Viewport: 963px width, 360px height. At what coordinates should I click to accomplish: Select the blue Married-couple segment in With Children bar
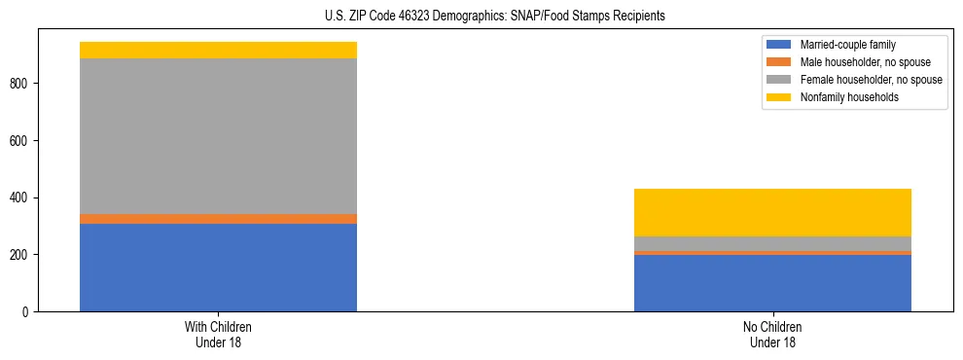218,268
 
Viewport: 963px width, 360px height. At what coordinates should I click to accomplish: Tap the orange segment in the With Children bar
218,219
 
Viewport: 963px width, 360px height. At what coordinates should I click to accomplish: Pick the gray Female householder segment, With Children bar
218,136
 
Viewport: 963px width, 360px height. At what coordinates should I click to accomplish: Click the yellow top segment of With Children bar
218,51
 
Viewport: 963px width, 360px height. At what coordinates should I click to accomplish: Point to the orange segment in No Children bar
772,253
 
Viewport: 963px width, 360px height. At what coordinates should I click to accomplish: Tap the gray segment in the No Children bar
772,244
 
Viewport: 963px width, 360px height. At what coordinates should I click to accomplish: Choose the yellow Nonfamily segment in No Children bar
772,213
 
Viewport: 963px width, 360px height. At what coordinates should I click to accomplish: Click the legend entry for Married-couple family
847,45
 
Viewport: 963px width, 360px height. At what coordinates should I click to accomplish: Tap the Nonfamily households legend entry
850,97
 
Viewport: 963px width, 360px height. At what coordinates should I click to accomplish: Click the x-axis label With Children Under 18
218,335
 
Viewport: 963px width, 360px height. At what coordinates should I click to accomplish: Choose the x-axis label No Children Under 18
772,335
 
